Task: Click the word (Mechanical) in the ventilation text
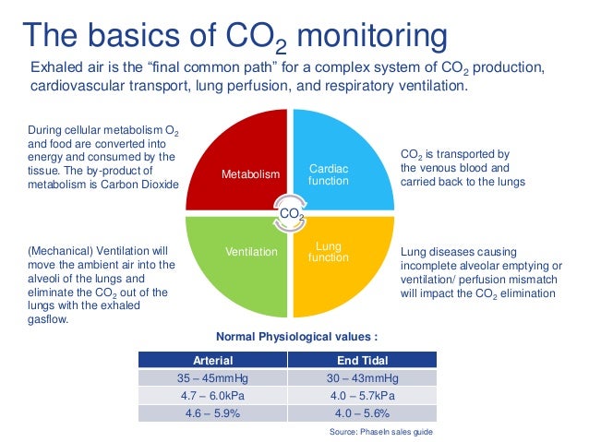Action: click(x=58, y=250)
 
